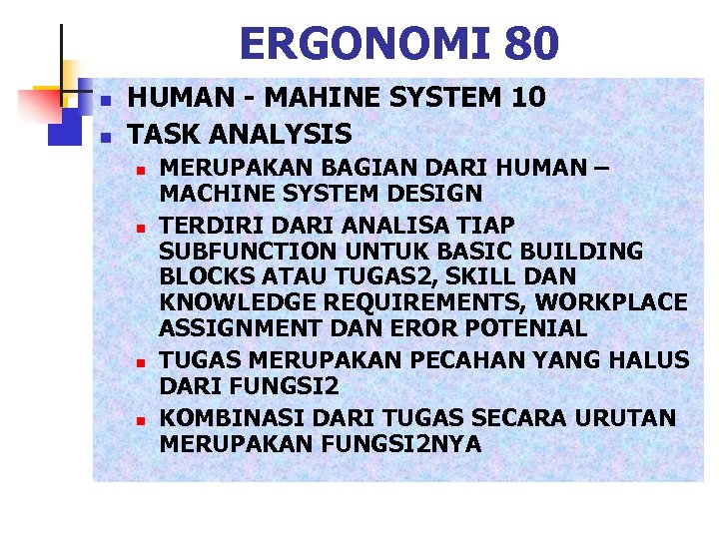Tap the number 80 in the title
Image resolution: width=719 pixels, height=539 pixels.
pos(531,43)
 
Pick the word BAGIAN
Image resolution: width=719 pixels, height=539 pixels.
pos(352,167)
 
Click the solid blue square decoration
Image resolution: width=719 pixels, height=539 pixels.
pos(64,128)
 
